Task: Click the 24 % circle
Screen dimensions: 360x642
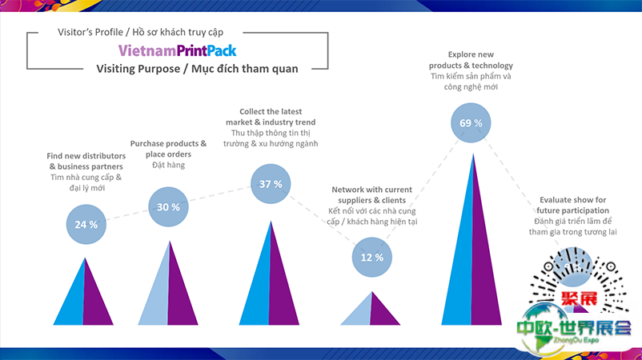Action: (86, 224)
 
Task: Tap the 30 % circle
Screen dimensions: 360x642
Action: (168, 207)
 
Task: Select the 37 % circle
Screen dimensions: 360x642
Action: (271, 184)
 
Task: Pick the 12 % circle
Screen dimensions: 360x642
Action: (373, 258)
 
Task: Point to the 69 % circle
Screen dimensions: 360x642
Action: (471, 123)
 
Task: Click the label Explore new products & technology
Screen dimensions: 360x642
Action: (470, 60)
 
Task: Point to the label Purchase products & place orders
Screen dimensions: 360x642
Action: (168, 149)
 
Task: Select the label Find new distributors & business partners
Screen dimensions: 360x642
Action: (85, 161)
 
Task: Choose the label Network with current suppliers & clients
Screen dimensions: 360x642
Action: (373, 194)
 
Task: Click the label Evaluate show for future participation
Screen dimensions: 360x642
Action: (572, 205)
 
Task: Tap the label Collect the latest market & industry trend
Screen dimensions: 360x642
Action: (273, 116)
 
